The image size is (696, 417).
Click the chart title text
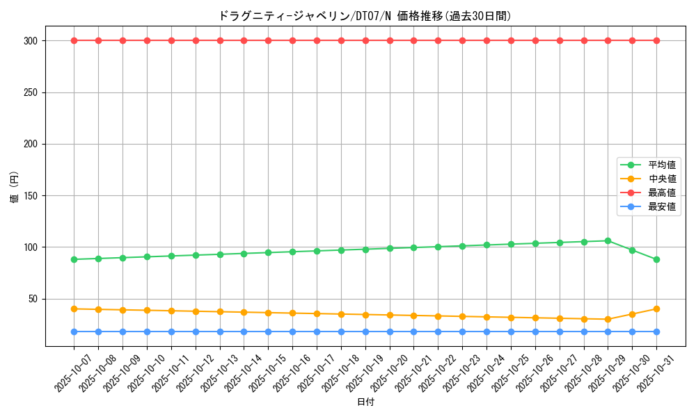coord(365,16)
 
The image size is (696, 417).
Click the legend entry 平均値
coord(661,165)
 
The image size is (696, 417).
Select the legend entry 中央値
coord(661,179)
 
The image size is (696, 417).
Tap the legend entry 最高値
coord(661,193)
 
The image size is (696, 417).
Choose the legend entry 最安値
coord(661,207)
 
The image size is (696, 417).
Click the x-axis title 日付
coord(365,402)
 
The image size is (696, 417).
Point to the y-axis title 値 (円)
coord(15,188)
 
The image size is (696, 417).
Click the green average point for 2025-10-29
coord(608,241)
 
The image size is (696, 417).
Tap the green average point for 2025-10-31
coord(656,260)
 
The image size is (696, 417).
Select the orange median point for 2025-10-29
coord(608,320)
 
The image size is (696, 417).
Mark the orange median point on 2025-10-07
coord(74,309)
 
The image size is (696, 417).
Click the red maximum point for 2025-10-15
coord(268,40)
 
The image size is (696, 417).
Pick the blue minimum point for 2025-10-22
coord(438,332)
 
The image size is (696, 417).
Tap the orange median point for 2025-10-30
coord(632,314)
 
